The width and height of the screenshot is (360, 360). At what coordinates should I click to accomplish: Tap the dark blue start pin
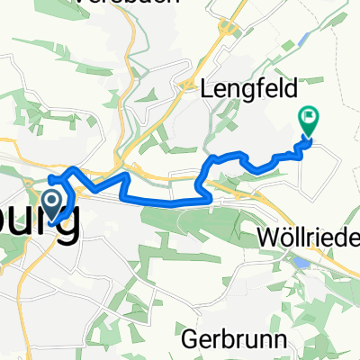[53, 202]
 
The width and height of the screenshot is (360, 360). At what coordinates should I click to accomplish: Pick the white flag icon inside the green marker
[309, 116]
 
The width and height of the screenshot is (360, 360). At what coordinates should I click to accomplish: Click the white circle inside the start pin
[53, 198]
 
